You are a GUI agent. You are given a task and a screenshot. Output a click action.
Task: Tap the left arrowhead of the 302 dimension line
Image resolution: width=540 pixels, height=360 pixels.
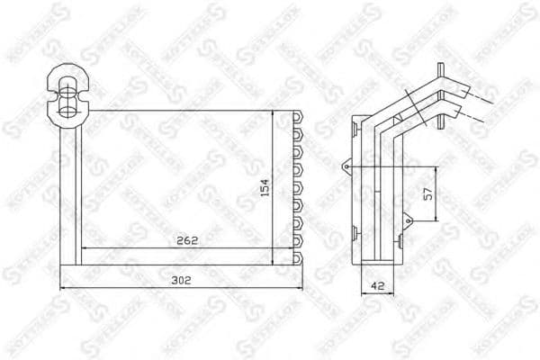click(x=61, y=288)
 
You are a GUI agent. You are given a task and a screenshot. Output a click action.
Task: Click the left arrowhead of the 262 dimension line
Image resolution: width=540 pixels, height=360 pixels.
click(x=84, y=247)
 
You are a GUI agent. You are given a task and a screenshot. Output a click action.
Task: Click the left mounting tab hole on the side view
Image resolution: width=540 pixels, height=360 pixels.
click(x=346, y=166)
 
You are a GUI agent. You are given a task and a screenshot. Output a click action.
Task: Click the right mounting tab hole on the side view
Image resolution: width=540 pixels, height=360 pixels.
click(x=407, y=217)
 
